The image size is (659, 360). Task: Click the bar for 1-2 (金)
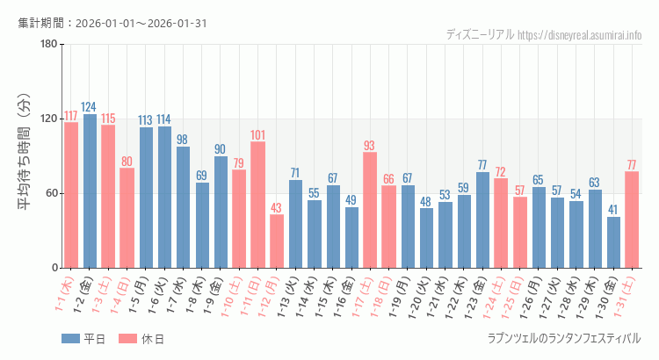(90, 191)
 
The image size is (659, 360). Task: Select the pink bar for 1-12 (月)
(277, 241)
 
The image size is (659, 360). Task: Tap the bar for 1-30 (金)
(613, 242)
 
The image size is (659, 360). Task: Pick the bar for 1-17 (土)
(370, 210)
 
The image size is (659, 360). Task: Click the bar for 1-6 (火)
(164, 197)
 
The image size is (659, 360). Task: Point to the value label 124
(90, 106)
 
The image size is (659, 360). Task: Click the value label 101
(258, 134)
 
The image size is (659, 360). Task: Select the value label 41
(613, 210)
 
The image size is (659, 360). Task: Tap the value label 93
(370, 145)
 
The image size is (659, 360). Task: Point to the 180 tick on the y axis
(48, 44)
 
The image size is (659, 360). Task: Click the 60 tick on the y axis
(51, 193)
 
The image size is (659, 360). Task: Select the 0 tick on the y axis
(54, 268)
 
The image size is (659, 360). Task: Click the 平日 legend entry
(83, 338)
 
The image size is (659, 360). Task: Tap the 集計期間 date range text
(112, 23)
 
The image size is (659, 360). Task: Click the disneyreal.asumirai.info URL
(579, 34)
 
